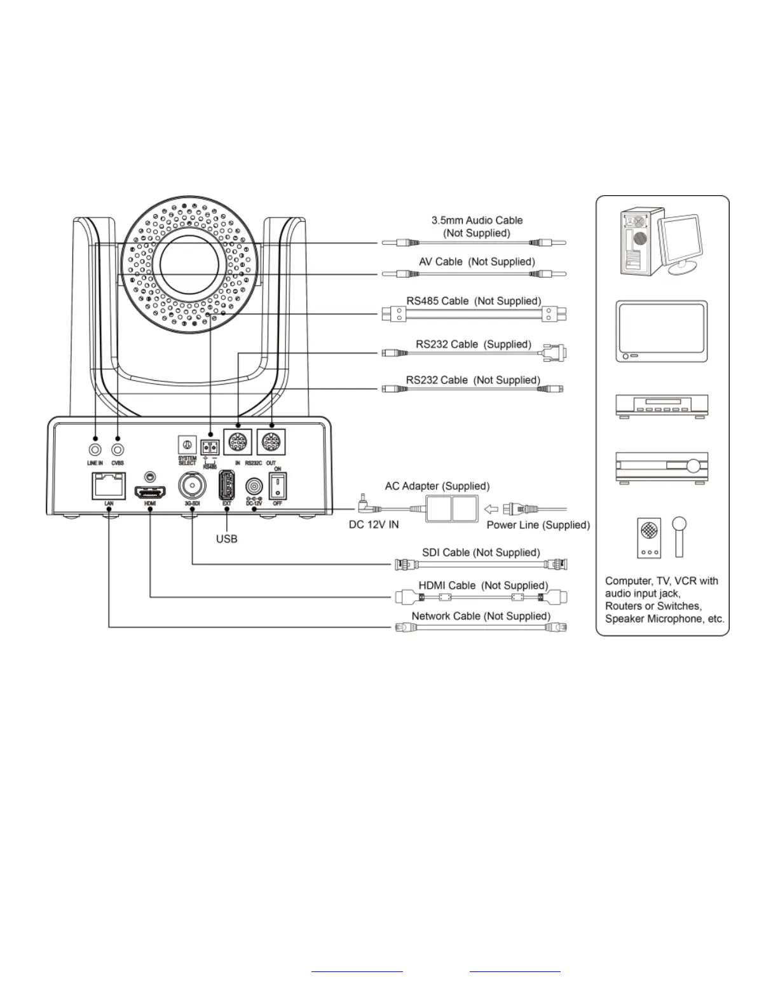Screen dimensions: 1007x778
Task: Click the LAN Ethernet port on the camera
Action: (109, 486)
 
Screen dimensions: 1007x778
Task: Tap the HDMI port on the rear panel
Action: (150, 491)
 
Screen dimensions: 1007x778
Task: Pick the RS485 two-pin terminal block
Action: (210, 446)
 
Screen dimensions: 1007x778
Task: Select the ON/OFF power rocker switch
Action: (278, 486)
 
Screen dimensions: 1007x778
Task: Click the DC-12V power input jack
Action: (254, 487)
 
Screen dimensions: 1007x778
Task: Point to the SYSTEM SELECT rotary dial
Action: (187, 444)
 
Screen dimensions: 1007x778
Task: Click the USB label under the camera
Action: (227, 539)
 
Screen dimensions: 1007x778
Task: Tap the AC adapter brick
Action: (450, 509)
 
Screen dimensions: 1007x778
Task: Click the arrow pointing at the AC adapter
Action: (491, 509)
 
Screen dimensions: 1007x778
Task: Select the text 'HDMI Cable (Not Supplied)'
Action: (483, 586)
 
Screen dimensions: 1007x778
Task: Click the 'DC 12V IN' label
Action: (374, 525)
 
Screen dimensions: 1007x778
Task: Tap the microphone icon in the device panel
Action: (679, 535)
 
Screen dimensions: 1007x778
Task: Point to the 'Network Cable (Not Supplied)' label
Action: (481, 616)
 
